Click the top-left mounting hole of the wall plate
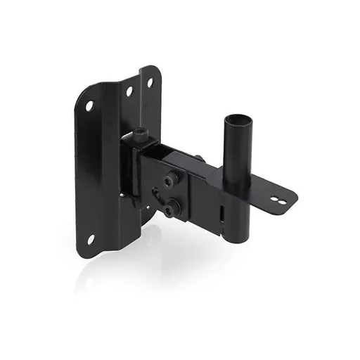pos(89,106)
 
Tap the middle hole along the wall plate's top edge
pos(129,91)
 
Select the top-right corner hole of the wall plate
pos(150,82)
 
